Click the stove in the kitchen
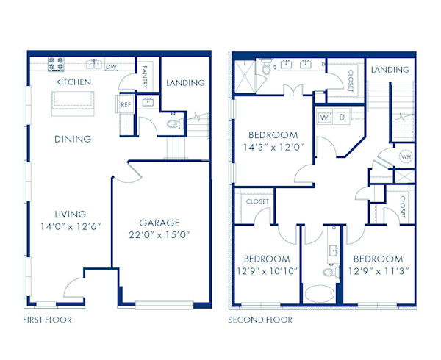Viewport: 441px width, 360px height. click(x=56, y=64)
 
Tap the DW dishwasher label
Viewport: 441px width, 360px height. click(x=111, y=67)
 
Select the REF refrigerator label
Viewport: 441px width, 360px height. click(x=126, y=104)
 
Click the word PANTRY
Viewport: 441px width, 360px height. click(x=145, y=77)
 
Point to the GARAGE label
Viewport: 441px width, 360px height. click(x=159, y=223)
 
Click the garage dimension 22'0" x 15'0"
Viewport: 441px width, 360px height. click(x=159, y=234)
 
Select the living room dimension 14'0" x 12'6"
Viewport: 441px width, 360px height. click(x=71, y=226)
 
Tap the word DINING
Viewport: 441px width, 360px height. click(x=73, y=139)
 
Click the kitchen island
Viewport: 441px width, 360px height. click(x=73, y=104)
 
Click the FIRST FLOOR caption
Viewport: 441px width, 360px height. click(x=47, y=320)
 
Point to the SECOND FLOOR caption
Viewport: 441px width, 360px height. click(x=260, y=320)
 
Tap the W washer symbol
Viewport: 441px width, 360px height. click(x=325, y=117)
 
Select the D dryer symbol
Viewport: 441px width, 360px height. click(x=342, y=117)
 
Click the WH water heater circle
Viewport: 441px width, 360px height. click(x=406, y=156)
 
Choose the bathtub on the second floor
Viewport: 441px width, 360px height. click(x=320, y=294)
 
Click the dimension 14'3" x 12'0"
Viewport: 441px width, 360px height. click(x=273, y=147)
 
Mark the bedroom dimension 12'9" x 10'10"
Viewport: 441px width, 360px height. click(x=267, y=271)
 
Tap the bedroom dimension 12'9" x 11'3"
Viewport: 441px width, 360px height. click(x=379, y=271)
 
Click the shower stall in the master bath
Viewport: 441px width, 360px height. click(x=245, y=76)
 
